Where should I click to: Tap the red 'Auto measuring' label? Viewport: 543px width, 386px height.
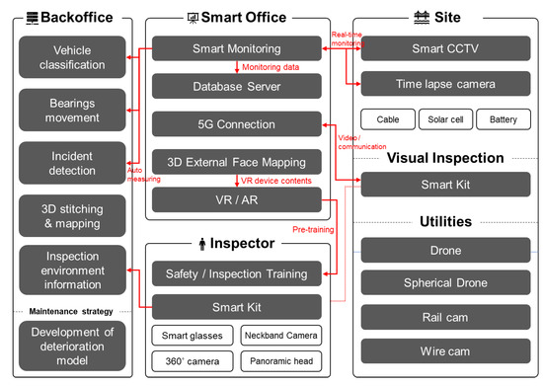140,174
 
